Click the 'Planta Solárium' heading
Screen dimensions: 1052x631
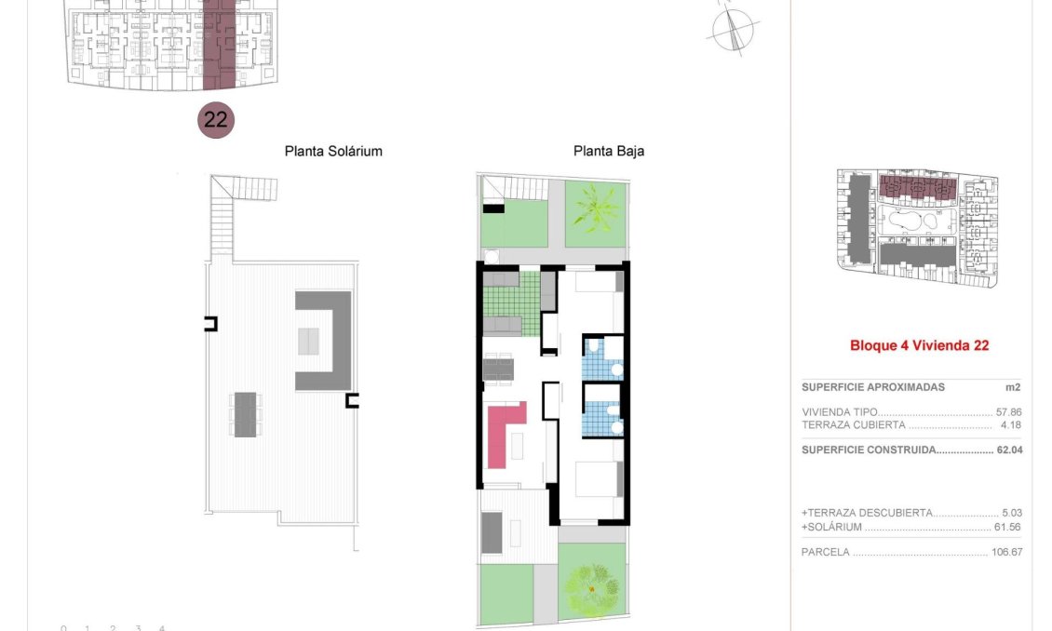pyautogui.click(x=333, y=151)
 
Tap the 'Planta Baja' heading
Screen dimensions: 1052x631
pyautogui.click(x=609, y=151)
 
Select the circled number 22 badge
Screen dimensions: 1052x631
pyautogui.click(x=216, y=120)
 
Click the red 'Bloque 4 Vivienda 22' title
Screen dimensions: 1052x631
pyautogui.click(x=919, y=345)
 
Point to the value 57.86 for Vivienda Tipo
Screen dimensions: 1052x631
pyautogui.click(x=1008, y=412)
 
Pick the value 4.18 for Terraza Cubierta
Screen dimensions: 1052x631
pyautogui.click(x=1010, y=424)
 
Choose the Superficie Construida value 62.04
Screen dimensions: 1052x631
pyautogui.click(x=1010, y=450)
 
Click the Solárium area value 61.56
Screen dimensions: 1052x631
pyautogui.click(x=1007, y=527)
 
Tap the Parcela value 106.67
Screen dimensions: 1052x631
pyautogui.click(x=1007, y=552)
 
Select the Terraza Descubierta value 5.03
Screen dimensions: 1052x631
pyautogui.click(x=1012, y=513)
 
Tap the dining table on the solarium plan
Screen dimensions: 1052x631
pyautogui.click(x=245, y=414)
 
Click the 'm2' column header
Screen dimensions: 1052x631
pyautogui.click(x=1013, y=387)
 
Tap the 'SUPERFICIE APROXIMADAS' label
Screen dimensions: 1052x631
pyautogui.click(x=873, y=387)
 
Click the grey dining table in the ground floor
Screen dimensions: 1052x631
pyautogui.click(x=498, y=369)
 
